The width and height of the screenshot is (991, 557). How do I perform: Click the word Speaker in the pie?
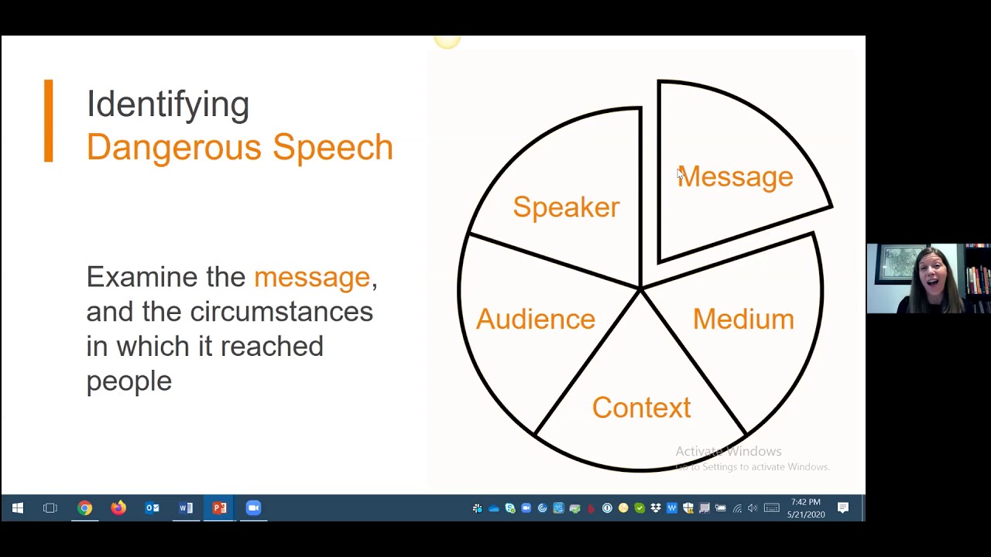pyautogui.click(x=566, y=207)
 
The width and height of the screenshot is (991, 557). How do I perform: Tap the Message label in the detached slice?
pyautogui.click(x=736, y=177)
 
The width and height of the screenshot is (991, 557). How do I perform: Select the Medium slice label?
pyautogui.click(x=743, y=319)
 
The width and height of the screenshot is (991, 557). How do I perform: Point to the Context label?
pyautogui.click(x=641, y=408)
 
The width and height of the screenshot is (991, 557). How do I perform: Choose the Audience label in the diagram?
pyautogui.click(x=535, y=319)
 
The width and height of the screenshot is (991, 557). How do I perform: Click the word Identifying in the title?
pyautogui.click(x=168, y=104)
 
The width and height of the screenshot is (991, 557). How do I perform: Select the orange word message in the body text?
pyautogui.click(x=312, y=277)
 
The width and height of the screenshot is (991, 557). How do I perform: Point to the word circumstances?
pyautogui.click(x=282, y=311)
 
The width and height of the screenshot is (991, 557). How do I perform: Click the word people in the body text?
pyautogui.click(x=129, y=381)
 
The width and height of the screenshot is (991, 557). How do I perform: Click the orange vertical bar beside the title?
pyautogui.click(x=49, y=121)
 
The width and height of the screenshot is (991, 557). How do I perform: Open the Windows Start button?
pyautogui.click(x=17, y=508)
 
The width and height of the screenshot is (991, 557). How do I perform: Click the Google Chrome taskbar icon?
pyautogui.click(x=84, y=508)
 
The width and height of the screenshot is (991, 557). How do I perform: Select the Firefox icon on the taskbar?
pyautogui.click(x=118, y=508)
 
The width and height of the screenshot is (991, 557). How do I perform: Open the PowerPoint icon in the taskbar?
pyautogui.click(x=219, y=508)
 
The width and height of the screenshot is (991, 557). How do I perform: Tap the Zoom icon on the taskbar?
pyautogui.click(x=253, y=508)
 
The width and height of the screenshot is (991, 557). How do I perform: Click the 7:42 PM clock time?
pyautogui.click(x=805, y=503)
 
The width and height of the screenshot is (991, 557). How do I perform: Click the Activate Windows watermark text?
pyautogui.click(x=728, y=451)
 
